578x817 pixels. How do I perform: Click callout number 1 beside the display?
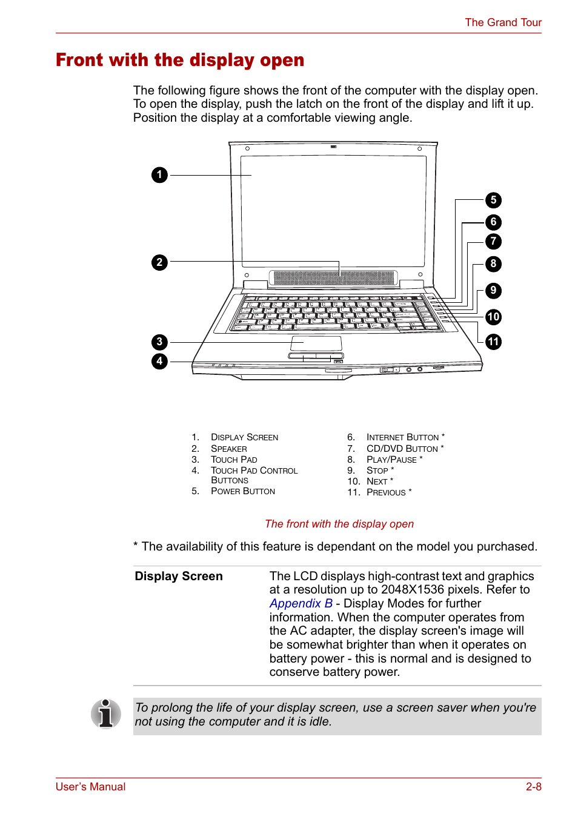[x=159, y=175]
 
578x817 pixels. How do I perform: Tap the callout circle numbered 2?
[x=159, y=262]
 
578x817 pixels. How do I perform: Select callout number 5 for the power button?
[x=493, y=200]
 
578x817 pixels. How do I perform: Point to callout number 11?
[x=493, y=342]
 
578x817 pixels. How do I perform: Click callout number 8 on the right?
[x=493, y=263]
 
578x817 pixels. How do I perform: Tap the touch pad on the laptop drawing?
[x=316, y=343]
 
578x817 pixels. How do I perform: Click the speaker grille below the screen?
[x=334, y=278]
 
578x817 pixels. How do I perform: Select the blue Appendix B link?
[x=301, y=603]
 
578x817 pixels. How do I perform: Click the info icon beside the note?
[x=106, y=713]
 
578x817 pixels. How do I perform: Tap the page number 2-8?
[x=533, y=787]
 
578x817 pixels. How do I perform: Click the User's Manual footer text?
[x=91, y=787]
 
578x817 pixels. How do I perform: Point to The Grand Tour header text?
[x=503, y=22]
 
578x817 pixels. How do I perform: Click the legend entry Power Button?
[x=242, y=491]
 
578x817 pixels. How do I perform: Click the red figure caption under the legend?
[x=339, y=524]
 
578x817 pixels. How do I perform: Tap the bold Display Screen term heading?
[x=179, y=576]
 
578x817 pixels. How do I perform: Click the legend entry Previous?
[x=386, y=492]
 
